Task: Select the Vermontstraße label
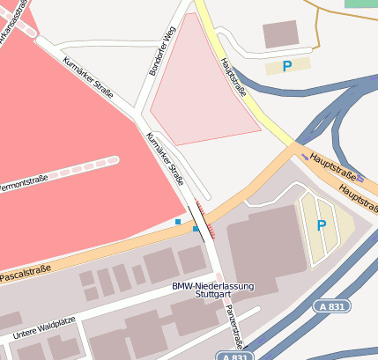coord(22,186)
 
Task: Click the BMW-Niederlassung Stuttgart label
coord(212,291)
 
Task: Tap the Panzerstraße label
coord(233,325)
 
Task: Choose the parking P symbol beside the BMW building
coord(321,225)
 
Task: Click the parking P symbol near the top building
coord(286,66)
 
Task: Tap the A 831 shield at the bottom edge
coord(233,355)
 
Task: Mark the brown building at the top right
coord(280,34)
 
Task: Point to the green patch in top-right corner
coord(360,4)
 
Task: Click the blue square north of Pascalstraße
coord(178,222)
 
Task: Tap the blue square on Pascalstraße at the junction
coord(196,229)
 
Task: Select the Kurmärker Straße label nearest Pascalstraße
coord(165,158)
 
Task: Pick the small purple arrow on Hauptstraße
coord(305,158)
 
